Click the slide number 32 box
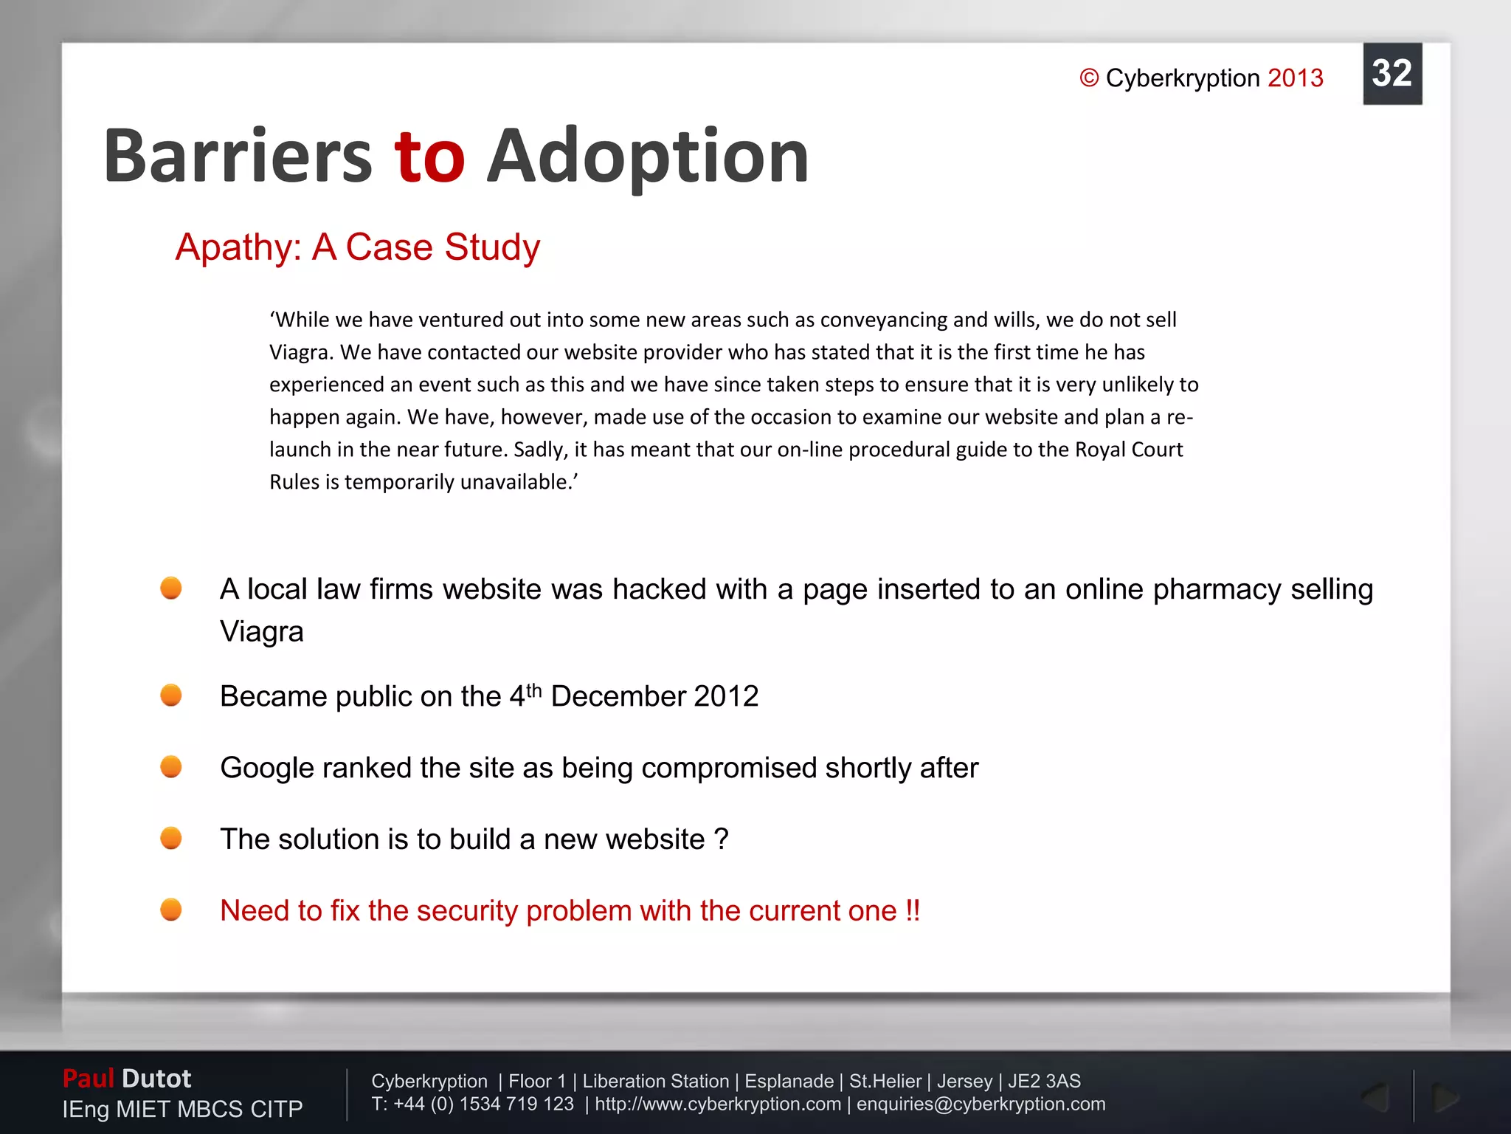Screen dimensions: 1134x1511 1391,74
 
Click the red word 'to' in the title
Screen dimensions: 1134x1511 429,157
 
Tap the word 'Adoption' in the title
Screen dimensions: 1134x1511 647,157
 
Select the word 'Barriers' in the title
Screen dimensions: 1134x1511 238,157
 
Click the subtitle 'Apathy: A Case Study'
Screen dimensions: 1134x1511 357,247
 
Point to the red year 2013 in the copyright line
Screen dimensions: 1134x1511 1295,78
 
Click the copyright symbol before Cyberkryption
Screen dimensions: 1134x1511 1089,78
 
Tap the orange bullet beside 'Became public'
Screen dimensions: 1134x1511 171,695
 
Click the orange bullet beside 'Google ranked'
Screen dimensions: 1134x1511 171,766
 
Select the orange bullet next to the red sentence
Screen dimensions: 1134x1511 171,910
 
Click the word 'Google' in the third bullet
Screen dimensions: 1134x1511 266,768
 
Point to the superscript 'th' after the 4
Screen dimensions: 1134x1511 533,690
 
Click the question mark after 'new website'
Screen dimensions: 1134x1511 721,839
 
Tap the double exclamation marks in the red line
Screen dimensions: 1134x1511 913,910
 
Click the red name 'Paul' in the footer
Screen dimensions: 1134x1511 88,1079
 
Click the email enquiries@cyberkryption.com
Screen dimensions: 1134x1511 981,1104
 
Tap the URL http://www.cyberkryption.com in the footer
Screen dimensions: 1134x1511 717,1104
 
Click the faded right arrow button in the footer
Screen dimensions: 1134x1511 1444,1098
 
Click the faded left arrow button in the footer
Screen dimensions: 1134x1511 1375,1098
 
